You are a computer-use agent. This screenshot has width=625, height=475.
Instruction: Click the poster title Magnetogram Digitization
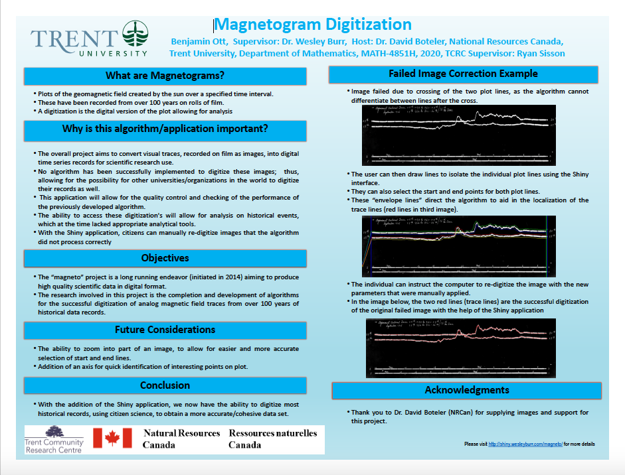click(313, 25)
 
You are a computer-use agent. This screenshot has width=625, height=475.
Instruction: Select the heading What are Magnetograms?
click(165, 75)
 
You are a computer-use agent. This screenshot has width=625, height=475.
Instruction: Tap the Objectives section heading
click(165, 257)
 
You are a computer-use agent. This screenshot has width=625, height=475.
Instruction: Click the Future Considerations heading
click(165, 330)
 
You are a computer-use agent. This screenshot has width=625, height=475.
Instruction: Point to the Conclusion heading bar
click(165, 385)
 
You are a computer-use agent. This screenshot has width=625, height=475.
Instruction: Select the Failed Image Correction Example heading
click(463, 74)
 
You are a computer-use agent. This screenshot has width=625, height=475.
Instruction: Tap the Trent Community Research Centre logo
click(54, 439)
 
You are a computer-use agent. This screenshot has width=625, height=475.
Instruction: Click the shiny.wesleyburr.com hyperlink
click(525, 444)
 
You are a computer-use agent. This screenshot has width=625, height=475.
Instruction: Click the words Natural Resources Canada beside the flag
click(181, 439)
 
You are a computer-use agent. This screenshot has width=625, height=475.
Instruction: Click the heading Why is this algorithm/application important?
click(165, 129)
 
